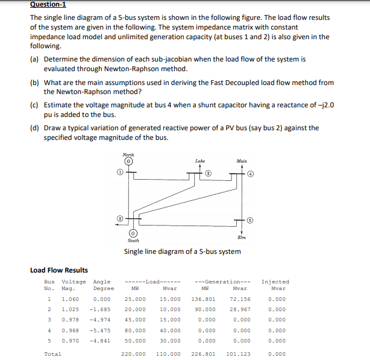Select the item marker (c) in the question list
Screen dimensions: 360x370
[34, 104]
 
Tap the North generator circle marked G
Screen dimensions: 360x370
[128, 162]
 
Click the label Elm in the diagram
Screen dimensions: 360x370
[242, 238]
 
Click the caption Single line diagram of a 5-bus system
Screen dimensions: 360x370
[182, 251]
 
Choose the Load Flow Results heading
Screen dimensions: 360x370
[59, 270]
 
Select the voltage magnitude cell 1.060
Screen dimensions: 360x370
[71, 298]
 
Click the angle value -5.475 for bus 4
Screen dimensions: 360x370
[102, 330]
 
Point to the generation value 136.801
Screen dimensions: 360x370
[204, 298]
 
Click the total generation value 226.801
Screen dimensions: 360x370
[204, 354]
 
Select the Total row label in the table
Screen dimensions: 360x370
[52, 354]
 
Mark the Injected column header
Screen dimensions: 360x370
[275, 282]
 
